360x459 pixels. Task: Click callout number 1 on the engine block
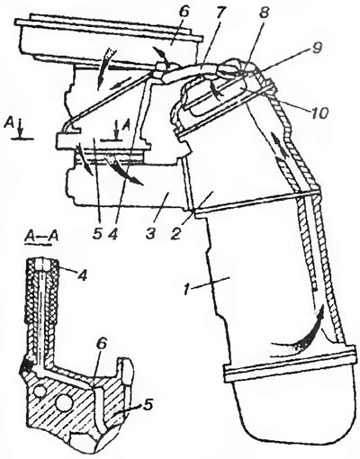[x=188, y=289]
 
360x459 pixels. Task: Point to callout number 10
[x=317, y=113]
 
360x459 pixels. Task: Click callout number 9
[x=316, y=49]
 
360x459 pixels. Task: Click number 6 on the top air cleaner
[x=184, y=13]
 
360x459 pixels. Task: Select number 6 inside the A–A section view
[x=101, y=345]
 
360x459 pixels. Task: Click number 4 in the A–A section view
[x=82, y=274]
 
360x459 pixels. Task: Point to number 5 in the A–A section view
[x=147, y=405]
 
